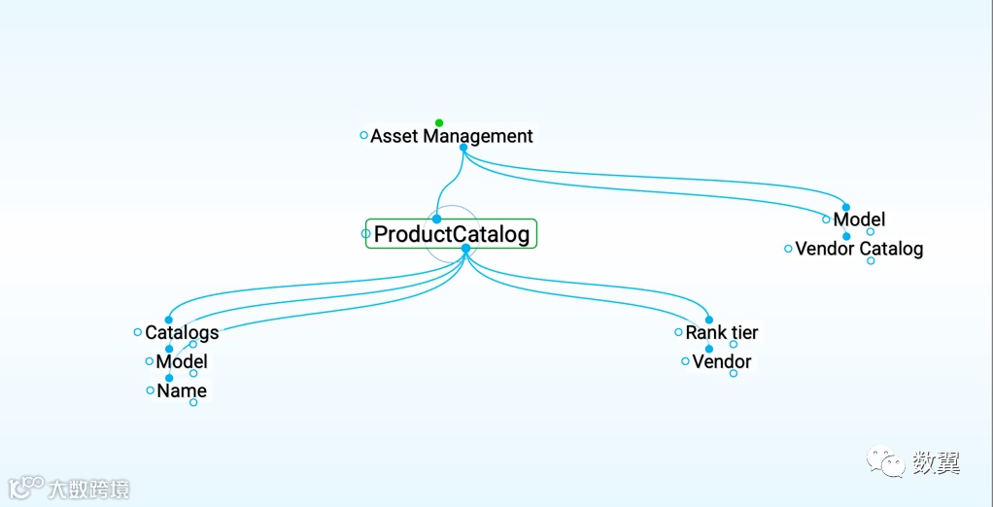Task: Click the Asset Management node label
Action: click(452, 137)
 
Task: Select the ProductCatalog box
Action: click(452, 234)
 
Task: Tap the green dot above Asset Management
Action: click(439, 123)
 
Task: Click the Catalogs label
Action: click(182, 332)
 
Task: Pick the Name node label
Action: click(182, 391)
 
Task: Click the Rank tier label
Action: click(722, 332)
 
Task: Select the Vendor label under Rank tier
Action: click(722, 362)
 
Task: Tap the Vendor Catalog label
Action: click(859, 249)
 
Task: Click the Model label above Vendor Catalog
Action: click(859, 220)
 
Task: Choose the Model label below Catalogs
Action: click(182, 362)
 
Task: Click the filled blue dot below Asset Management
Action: click(463, 148)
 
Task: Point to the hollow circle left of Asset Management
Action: click(363, 136)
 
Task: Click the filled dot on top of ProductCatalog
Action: click(436, 220)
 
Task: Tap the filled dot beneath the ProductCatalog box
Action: click(465, 249)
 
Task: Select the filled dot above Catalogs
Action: click(168, 320)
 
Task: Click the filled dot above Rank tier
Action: click(708, 320)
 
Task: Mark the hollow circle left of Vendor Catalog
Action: click(788, 249)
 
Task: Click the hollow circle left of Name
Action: click(150, 390)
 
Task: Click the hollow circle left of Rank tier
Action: click(678, 332)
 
